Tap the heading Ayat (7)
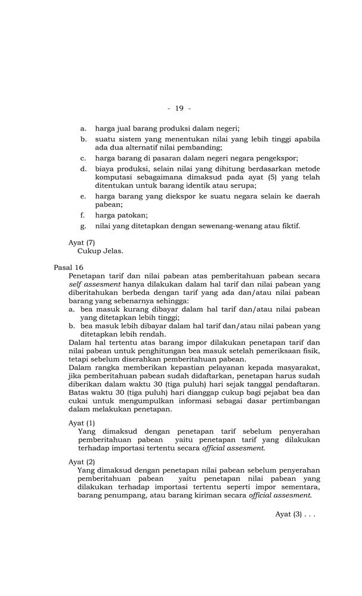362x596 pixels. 82,242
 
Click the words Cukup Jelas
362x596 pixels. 100,251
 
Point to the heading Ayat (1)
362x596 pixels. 82,423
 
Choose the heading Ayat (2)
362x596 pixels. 82,461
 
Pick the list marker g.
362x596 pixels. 83,226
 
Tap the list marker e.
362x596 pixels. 83,195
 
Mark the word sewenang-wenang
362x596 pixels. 230,226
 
